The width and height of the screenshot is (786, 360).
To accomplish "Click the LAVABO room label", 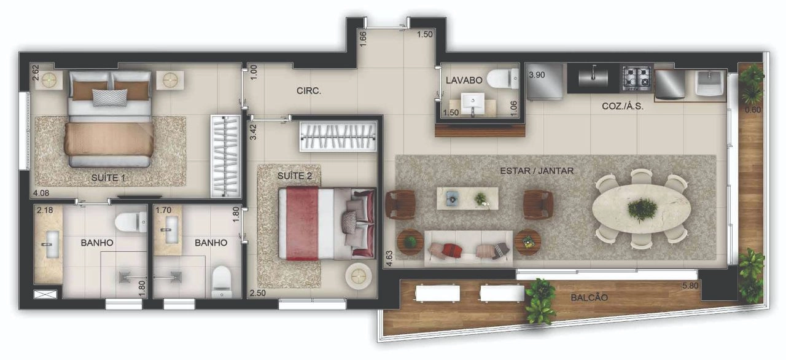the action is (x=464, y=80).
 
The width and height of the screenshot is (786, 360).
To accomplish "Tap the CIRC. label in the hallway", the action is (x=309, y=91).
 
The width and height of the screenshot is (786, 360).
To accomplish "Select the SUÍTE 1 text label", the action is (x=108, y=178).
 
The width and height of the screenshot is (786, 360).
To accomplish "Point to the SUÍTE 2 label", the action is (x=295, y=176).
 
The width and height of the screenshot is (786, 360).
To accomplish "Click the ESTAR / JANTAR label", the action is (x=537, y=171).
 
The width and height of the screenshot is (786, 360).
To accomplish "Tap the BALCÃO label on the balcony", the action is (x=589, y=297).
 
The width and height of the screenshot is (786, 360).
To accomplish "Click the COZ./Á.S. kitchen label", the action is (x=623, y=106).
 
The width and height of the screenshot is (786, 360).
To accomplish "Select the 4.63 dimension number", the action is (x=389, y=258).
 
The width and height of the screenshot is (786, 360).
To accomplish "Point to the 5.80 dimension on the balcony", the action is (x=690, y=286).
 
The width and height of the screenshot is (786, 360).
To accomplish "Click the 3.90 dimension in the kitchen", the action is (x=537, y=75).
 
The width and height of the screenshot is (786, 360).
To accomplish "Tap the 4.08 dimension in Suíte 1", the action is (x=41, y=193).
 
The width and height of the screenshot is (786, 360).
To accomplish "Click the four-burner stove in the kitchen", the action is (x=637, y=78).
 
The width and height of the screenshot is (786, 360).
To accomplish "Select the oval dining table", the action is (x=641, y=209).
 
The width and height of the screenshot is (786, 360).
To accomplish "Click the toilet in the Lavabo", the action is (x=502, y=79).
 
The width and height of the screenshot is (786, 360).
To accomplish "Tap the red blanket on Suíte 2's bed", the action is (x=302, y=224).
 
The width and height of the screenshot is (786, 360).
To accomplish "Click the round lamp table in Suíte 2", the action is (x=358, y=276).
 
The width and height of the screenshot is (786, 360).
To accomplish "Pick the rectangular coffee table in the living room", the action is (x=467, y=198).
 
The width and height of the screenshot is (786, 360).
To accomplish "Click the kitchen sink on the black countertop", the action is (x=593, y=77).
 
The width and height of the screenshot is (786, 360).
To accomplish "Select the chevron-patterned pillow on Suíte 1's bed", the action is (x=110, y=98).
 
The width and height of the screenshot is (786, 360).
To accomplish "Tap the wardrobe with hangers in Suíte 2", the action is (x=338, y=136).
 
